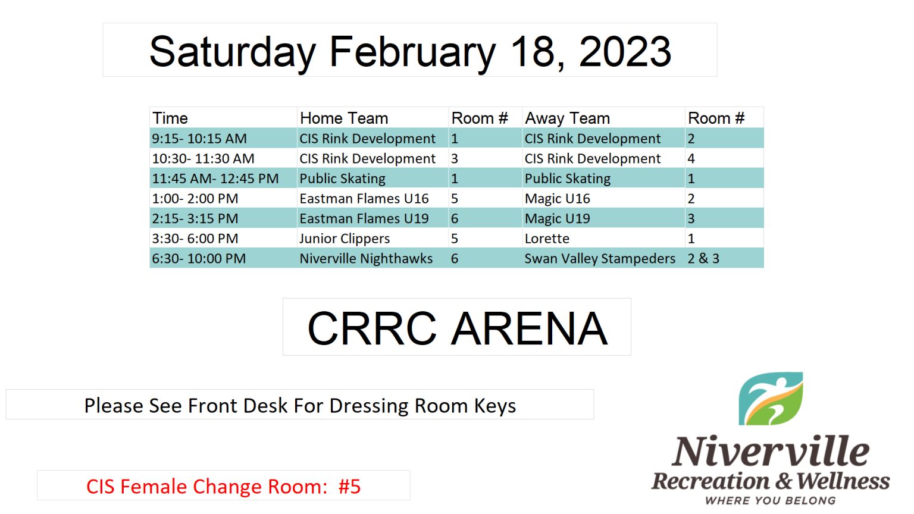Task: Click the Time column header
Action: coord(170,118)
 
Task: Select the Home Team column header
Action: coord(344,118)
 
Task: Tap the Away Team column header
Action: coord(567,118)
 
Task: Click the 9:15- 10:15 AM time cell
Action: coord(199,139)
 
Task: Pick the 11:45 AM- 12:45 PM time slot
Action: coord(215,178)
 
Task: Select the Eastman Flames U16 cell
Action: coord(364,199)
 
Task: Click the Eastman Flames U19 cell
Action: coord(364,219)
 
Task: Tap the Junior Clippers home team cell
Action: coord(345,239)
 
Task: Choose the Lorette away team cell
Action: coord(547,239)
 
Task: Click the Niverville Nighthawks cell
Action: coord(366,259)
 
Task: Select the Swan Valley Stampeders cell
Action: coord(600,259)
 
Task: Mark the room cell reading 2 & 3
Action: coord(703,259)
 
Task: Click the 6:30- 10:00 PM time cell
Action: coord(199,259)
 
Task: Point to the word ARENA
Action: coord(530,328)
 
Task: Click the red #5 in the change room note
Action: coord(350,486)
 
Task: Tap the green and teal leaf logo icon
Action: coord(771,399)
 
